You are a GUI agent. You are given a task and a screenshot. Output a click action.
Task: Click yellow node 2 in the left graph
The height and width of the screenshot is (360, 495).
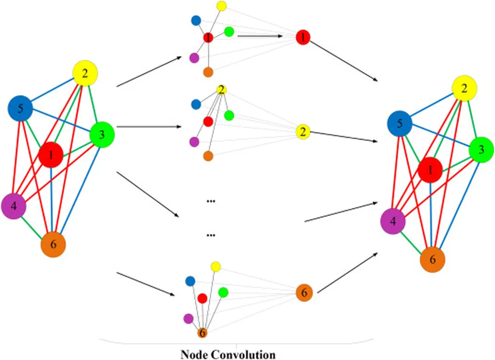click(85, 74)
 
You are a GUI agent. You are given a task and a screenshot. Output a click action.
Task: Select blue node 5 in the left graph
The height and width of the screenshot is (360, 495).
click(20, 109)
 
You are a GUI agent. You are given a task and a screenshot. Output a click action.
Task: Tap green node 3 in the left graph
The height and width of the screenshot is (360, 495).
click(102, 135)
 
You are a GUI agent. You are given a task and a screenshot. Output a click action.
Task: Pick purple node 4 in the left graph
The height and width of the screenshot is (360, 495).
click(14, 206)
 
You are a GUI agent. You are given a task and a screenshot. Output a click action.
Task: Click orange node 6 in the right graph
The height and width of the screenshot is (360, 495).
click(432, 259)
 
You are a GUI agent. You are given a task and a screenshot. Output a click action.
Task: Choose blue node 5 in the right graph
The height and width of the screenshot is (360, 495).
click(399, 123)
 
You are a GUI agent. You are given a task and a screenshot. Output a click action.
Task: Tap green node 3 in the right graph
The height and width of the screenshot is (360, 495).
click(481, 150)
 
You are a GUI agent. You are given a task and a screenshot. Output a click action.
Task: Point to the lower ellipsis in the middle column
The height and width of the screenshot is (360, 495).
click(211, 236)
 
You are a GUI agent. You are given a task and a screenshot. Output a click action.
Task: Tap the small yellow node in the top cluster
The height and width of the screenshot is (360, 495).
click(221, 6)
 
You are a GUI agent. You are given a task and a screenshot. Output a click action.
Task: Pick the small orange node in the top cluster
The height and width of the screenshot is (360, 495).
click(208, 73)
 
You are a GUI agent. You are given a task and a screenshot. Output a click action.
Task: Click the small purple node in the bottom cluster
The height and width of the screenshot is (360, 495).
click(189, 318)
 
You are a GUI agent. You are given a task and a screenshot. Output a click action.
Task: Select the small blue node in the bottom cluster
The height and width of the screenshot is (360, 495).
click(190, 281)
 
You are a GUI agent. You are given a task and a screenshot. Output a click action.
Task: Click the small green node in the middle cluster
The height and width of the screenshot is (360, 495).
click(229, 116)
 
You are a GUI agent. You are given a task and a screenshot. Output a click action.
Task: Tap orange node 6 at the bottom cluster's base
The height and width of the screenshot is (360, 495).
click(203, 333)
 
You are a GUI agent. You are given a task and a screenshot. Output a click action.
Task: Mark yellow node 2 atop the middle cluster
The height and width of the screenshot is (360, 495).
click(221, 90)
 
